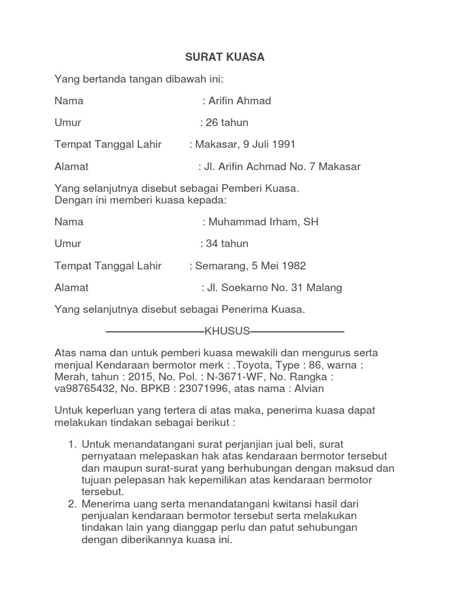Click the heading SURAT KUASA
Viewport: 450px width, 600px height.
tap(225, 57)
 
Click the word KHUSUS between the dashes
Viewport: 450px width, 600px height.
tap(227, 332)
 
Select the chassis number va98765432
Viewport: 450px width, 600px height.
tap(82, 388)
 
